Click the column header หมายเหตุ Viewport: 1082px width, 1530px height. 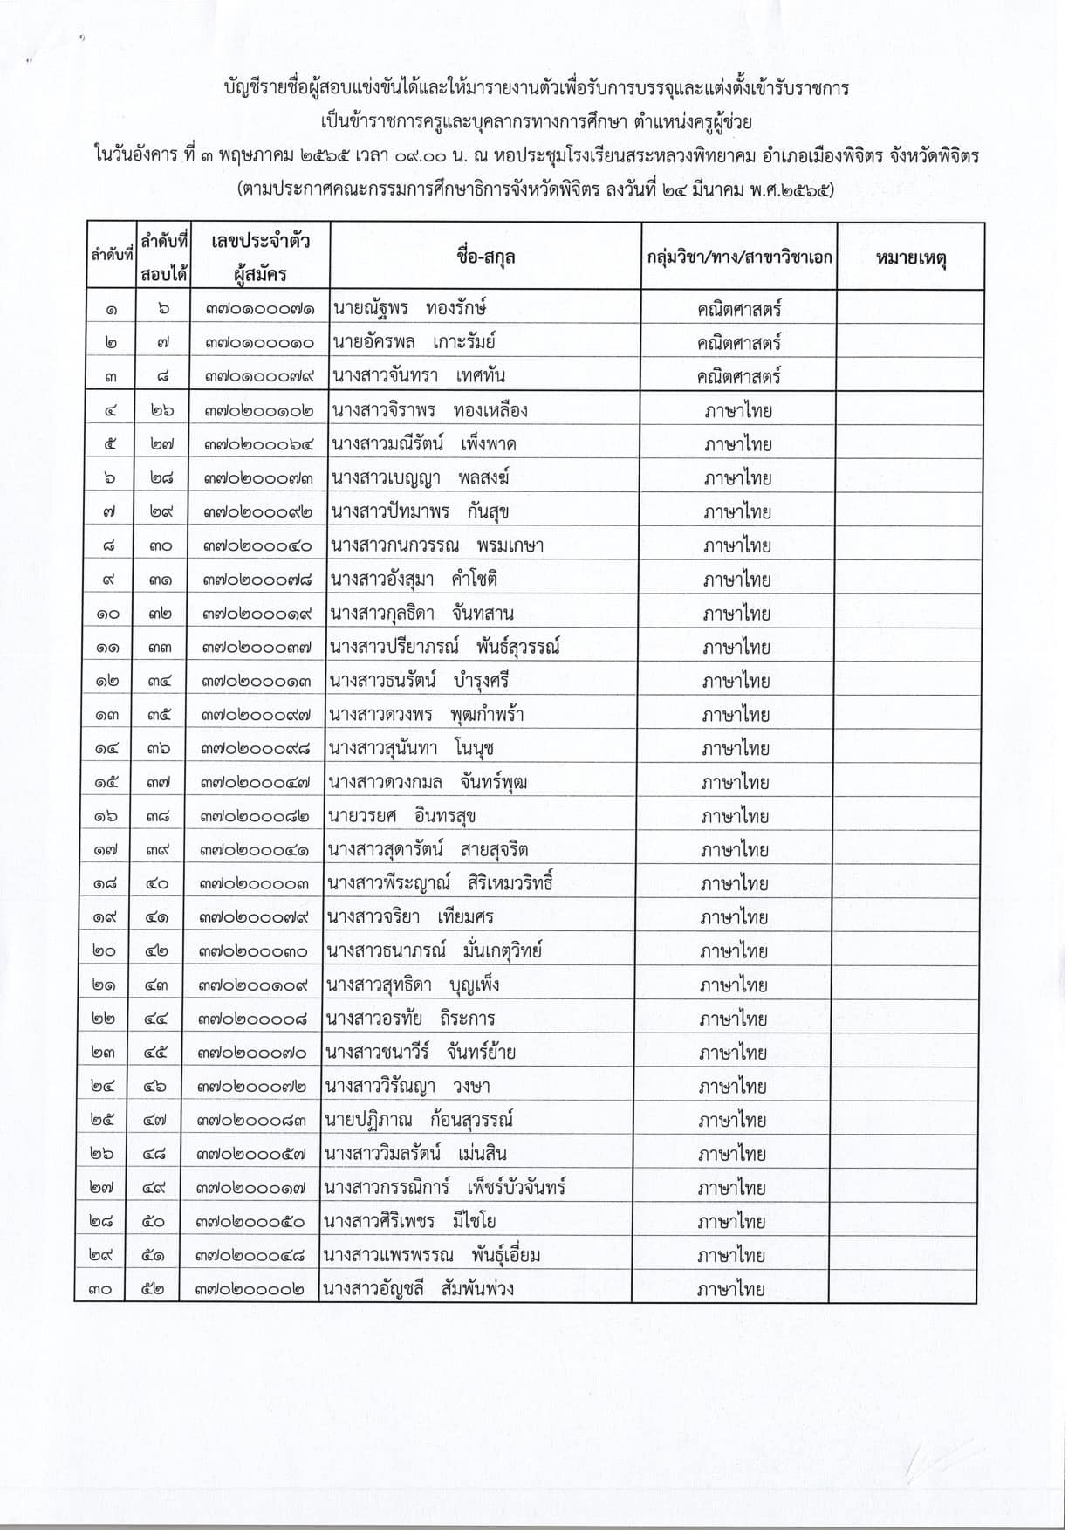click(x=911, y=258)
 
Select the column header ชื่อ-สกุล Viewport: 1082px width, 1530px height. click(x=485, y=257)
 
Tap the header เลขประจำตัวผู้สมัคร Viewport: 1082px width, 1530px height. click(x=260, y=257)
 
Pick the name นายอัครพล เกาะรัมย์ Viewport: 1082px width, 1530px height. click(x=413, y=342)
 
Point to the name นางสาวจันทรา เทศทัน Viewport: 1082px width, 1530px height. click(x=418, y=376)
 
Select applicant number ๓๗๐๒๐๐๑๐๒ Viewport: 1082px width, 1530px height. click(x=258, y=411)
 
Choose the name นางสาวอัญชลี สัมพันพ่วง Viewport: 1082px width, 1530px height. click(x=418, y=1288)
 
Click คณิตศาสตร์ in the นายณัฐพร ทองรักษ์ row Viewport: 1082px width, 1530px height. click(x=739, y=308)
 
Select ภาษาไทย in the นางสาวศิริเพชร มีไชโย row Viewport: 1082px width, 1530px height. click(x=732, y=1221)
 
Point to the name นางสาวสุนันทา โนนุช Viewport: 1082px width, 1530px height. click(x=412, y=748)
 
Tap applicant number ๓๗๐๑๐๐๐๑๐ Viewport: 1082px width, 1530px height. click(x=259, y=342)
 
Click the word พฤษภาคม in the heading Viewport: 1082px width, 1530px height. click(x=254, y=157)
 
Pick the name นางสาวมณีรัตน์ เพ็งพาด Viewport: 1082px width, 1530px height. click(x=423, y=444)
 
